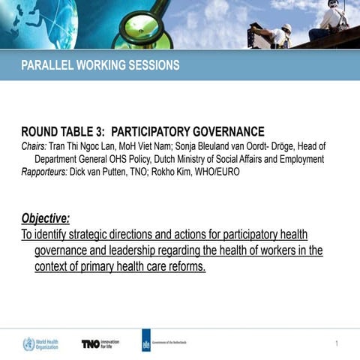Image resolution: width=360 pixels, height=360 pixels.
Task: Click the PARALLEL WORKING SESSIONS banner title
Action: [100, 65]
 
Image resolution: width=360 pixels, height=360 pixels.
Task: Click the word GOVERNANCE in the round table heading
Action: [222, 130]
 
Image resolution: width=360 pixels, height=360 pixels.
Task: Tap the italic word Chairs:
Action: [34, 146]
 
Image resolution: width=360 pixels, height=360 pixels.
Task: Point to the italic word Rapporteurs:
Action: [44, 172]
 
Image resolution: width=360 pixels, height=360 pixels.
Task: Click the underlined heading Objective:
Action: [46, 218]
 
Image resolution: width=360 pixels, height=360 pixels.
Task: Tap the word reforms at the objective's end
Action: [184, 266]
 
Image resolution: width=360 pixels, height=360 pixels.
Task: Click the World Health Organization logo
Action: [40, 344]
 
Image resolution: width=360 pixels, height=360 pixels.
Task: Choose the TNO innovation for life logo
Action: [100, 343]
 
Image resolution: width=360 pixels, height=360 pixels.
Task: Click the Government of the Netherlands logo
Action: [164, 343]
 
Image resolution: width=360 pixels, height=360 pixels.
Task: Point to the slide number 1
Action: [337, 343]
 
